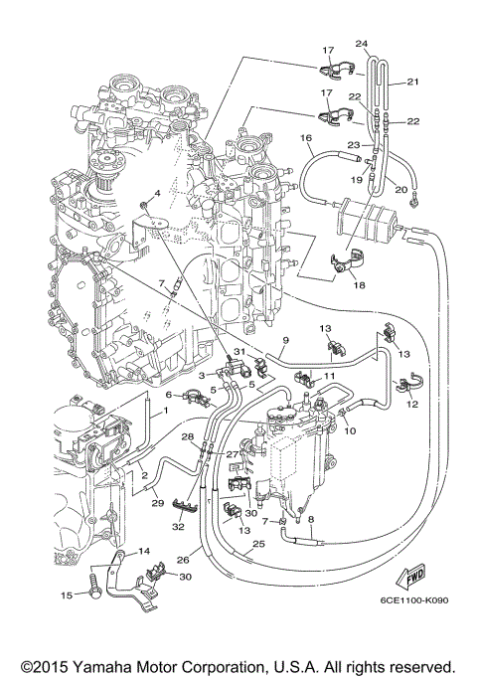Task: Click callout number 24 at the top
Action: (x=361, y=43)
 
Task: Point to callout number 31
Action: (x=238, y=355)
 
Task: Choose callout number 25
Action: (x=258, y=545)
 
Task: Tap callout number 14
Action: (x=144, y=550)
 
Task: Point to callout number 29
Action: (x=156, y=505)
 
